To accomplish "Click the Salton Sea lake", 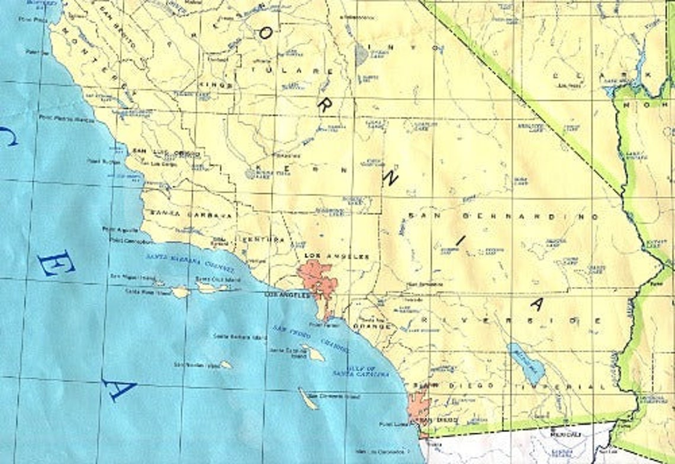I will click(525, 362).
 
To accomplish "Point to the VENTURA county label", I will click(265, 240).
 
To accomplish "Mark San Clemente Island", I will click(308, 398).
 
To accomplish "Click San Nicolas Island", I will click(226, 365).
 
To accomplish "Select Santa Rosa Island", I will click(180, 292).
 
